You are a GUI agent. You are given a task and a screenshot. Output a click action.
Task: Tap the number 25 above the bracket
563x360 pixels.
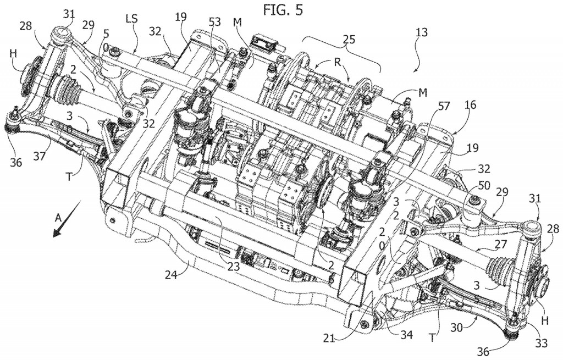349,39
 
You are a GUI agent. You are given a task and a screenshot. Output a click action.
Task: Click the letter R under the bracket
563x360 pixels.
337,61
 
